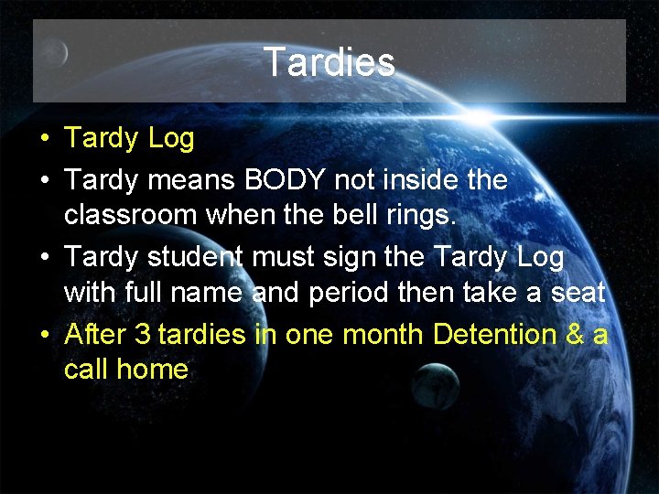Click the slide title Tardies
329,62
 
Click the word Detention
495,335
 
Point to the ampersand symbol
575,335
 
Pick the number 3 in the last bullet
142,335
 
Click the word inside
420,179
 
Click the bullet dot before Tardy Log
44,140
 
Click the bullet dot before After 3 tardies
44,336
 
